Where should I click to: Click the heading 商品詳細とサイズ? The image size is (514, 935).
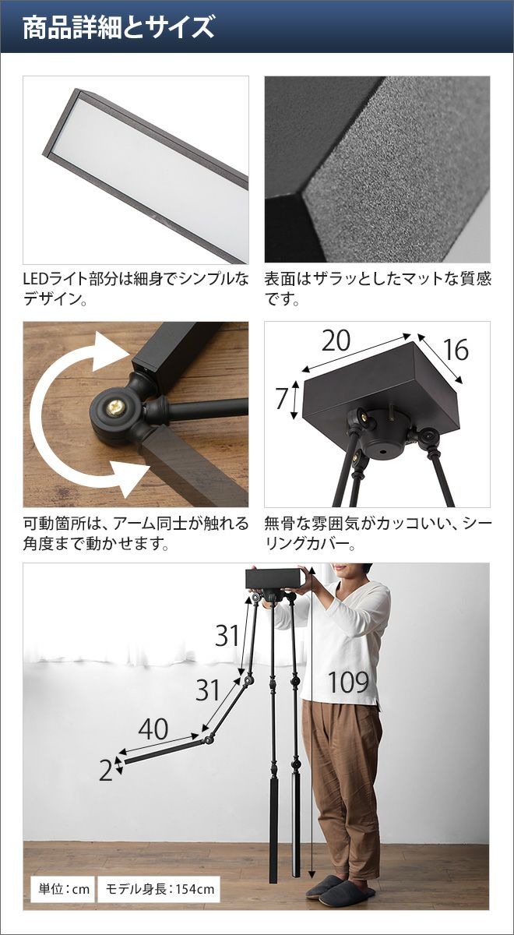click(x=118, y=27)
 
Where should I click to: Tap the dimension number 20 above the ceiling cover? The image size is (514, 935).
click(x=336, y=340)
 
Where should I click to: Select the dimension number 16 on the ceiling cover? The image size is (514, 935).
click(x=456, y=349)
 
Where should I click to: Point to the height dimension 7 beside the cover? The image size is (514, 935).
click(x=282, y=399)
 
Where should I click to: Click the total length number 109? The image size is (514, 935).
click(x=349, y=683)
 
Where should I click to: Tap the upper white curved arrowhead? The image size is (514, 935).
click(x=112, y=352)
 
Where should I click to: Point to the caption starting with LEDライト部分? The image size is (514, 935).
click(x=136, y=289)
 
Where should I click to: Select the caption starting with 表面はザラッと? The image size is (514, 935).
click(x=378, y=289)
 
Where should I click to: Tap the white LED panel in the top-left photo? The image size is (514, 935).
click(x=150, y=175)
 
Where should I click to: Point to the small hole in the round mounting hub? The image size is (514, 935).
click(x=383, y=452)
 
